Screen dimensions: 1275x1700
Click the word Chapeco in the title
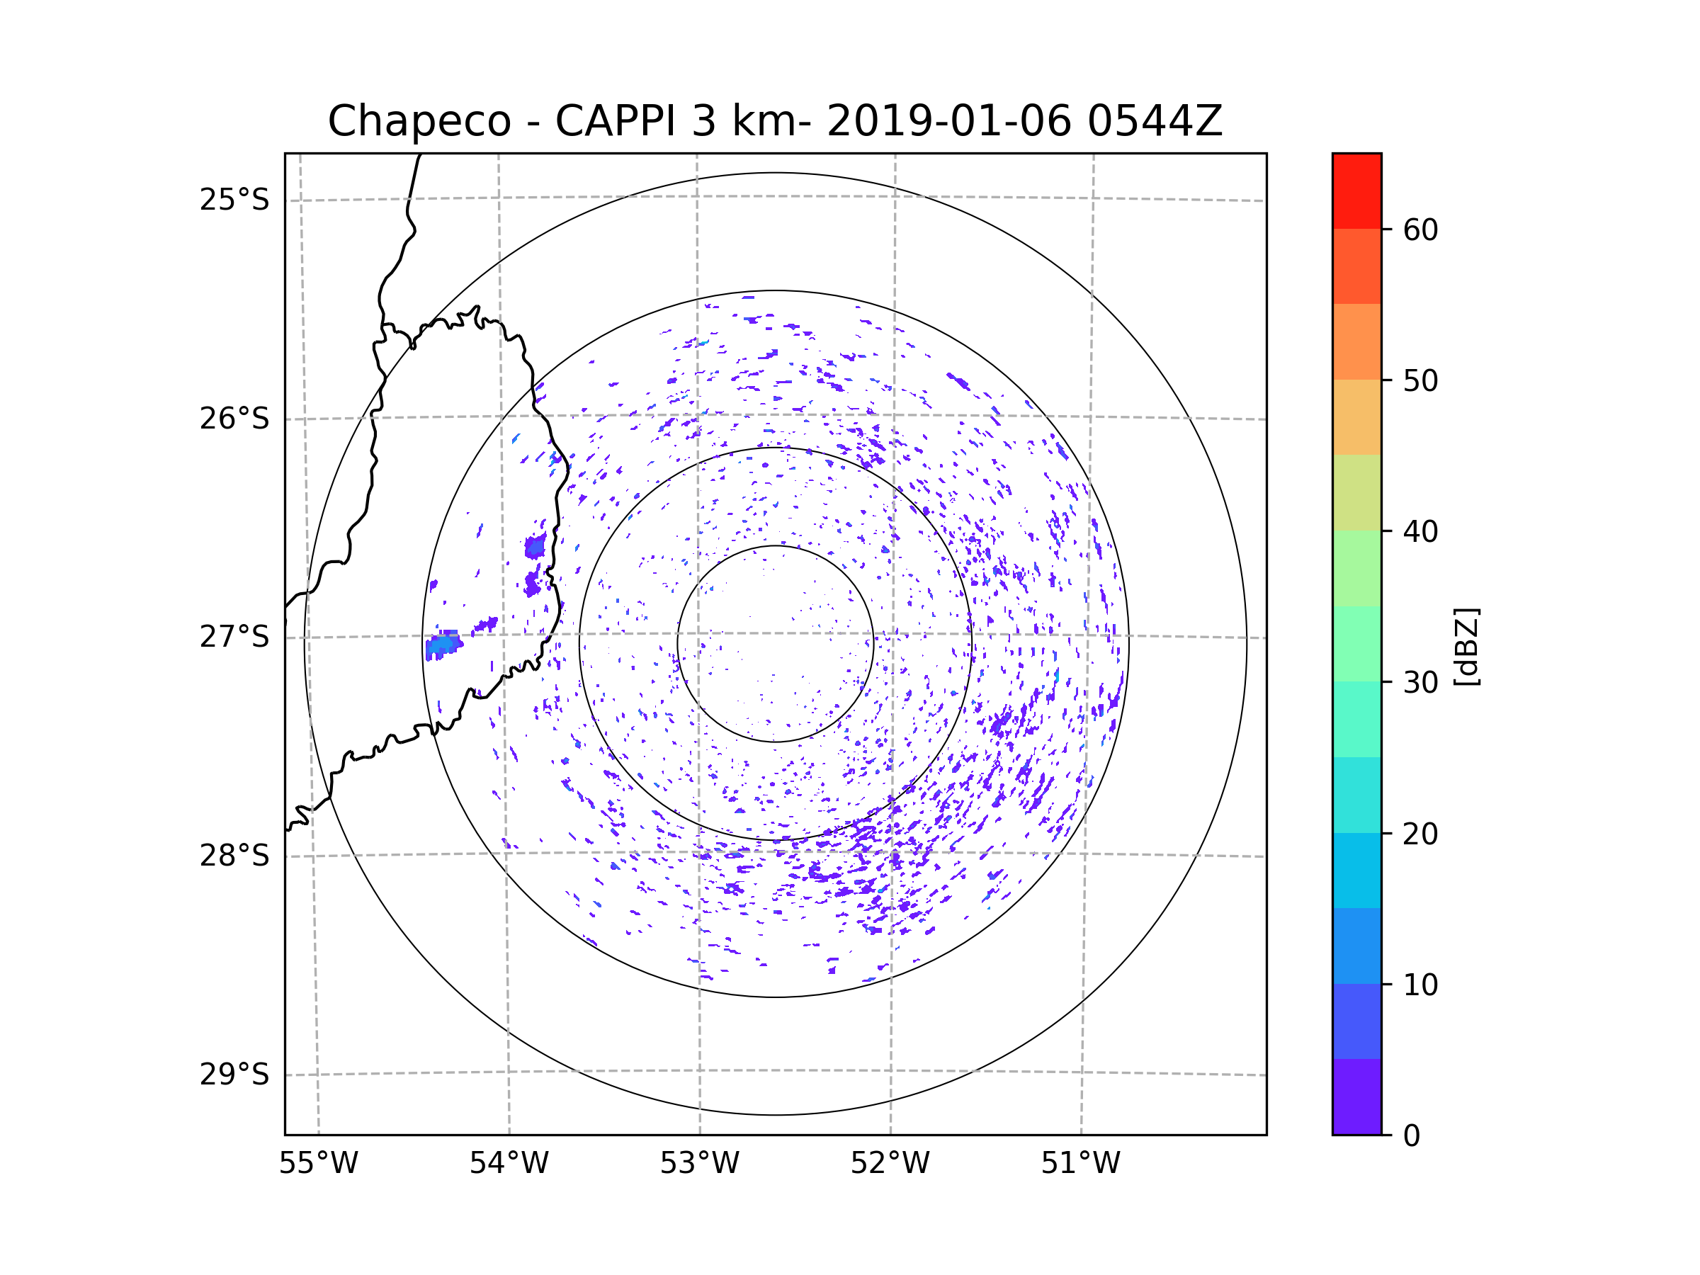419,121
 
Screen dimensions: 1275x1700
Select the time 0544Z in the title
1154,121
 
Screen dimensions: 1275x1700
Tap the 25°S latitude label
234,200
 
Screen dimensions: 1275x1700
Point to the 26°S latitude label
234,419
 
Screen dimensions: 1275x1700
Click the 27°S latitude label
234,637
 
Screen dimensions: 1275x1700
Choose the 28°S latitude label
234,856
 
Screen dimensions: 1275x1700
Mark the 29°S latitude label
234,1075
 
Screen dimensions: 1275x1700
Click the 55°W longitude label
318,1164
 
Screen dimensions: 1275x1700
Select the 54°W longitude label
509,1164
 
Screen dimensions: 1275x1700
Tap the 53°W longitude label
699,1164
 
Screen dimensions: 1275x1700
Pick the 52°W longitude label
890,1164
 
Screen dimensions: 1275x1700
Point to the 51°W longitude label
1080,1164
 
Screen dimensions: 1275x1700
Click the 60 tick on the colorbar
1420,229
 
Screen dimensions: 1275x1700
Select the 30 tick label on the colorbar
1420,682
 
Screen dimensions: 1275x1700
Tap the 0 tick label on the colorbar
1412,1136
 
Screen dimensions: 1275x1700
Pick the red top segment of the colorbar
1356,191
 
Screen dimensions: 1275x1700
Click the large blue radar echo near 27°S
443,644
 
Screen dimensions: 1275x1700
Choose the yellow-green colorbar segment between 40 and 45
1356,492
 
